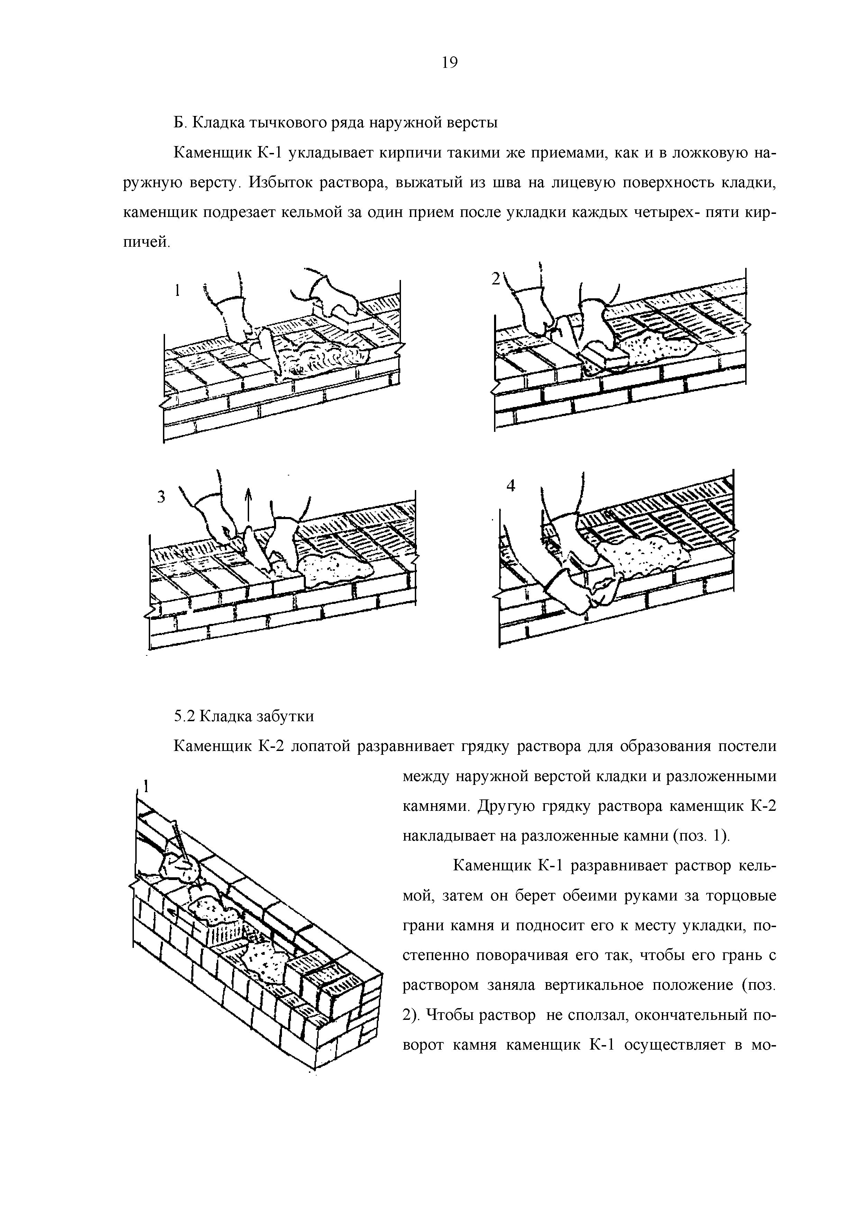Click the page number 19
(449, 63)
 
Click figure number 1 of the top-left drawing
(178, 290)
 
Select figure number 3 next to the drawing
(161, 497)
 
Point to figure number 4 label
(511, 486)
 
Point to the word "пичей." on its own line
(147, 243)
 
